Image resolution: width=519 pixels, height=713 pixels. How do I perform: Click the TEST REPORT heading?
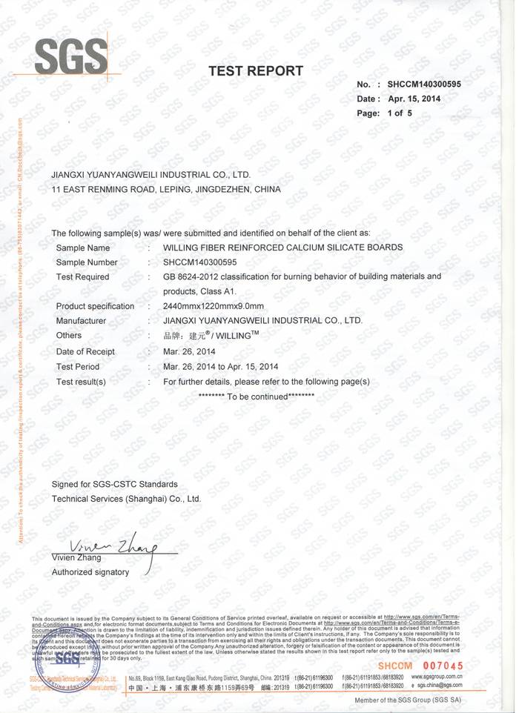(256, 71)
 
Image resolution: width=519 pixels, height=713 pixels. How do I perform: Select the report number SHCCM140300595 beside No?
(424, 84)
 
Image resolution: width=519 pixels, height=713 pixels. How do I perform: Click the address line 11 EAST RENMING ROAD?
(166, 190)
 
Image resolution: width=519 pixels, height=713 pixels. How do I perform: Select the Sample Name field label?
(83, 248)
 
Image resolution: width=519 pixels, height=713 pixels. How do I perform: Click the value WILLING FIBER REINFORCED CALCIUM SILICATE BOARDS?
(282, 248)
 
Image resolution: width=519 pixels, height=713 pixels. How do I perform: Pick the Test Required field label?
(83, 277)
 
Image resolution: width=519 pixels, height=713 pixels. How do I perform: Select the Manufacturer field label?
(82, 321)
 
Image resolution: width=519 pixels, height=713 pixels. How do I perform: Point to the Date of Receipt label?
(86, 351)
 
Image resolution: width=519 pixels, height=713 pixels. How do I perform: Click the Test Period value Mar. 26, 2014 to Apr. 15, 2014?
(220, 366)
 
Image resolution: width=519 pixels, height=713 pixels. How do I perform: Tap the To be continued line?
(257, 397)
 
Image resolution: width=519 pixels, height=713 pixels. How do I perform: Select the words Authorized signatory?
(90, 572)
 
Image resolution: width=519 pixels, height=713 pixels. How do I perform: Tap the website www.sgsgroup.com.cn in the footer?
(437, 677)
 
